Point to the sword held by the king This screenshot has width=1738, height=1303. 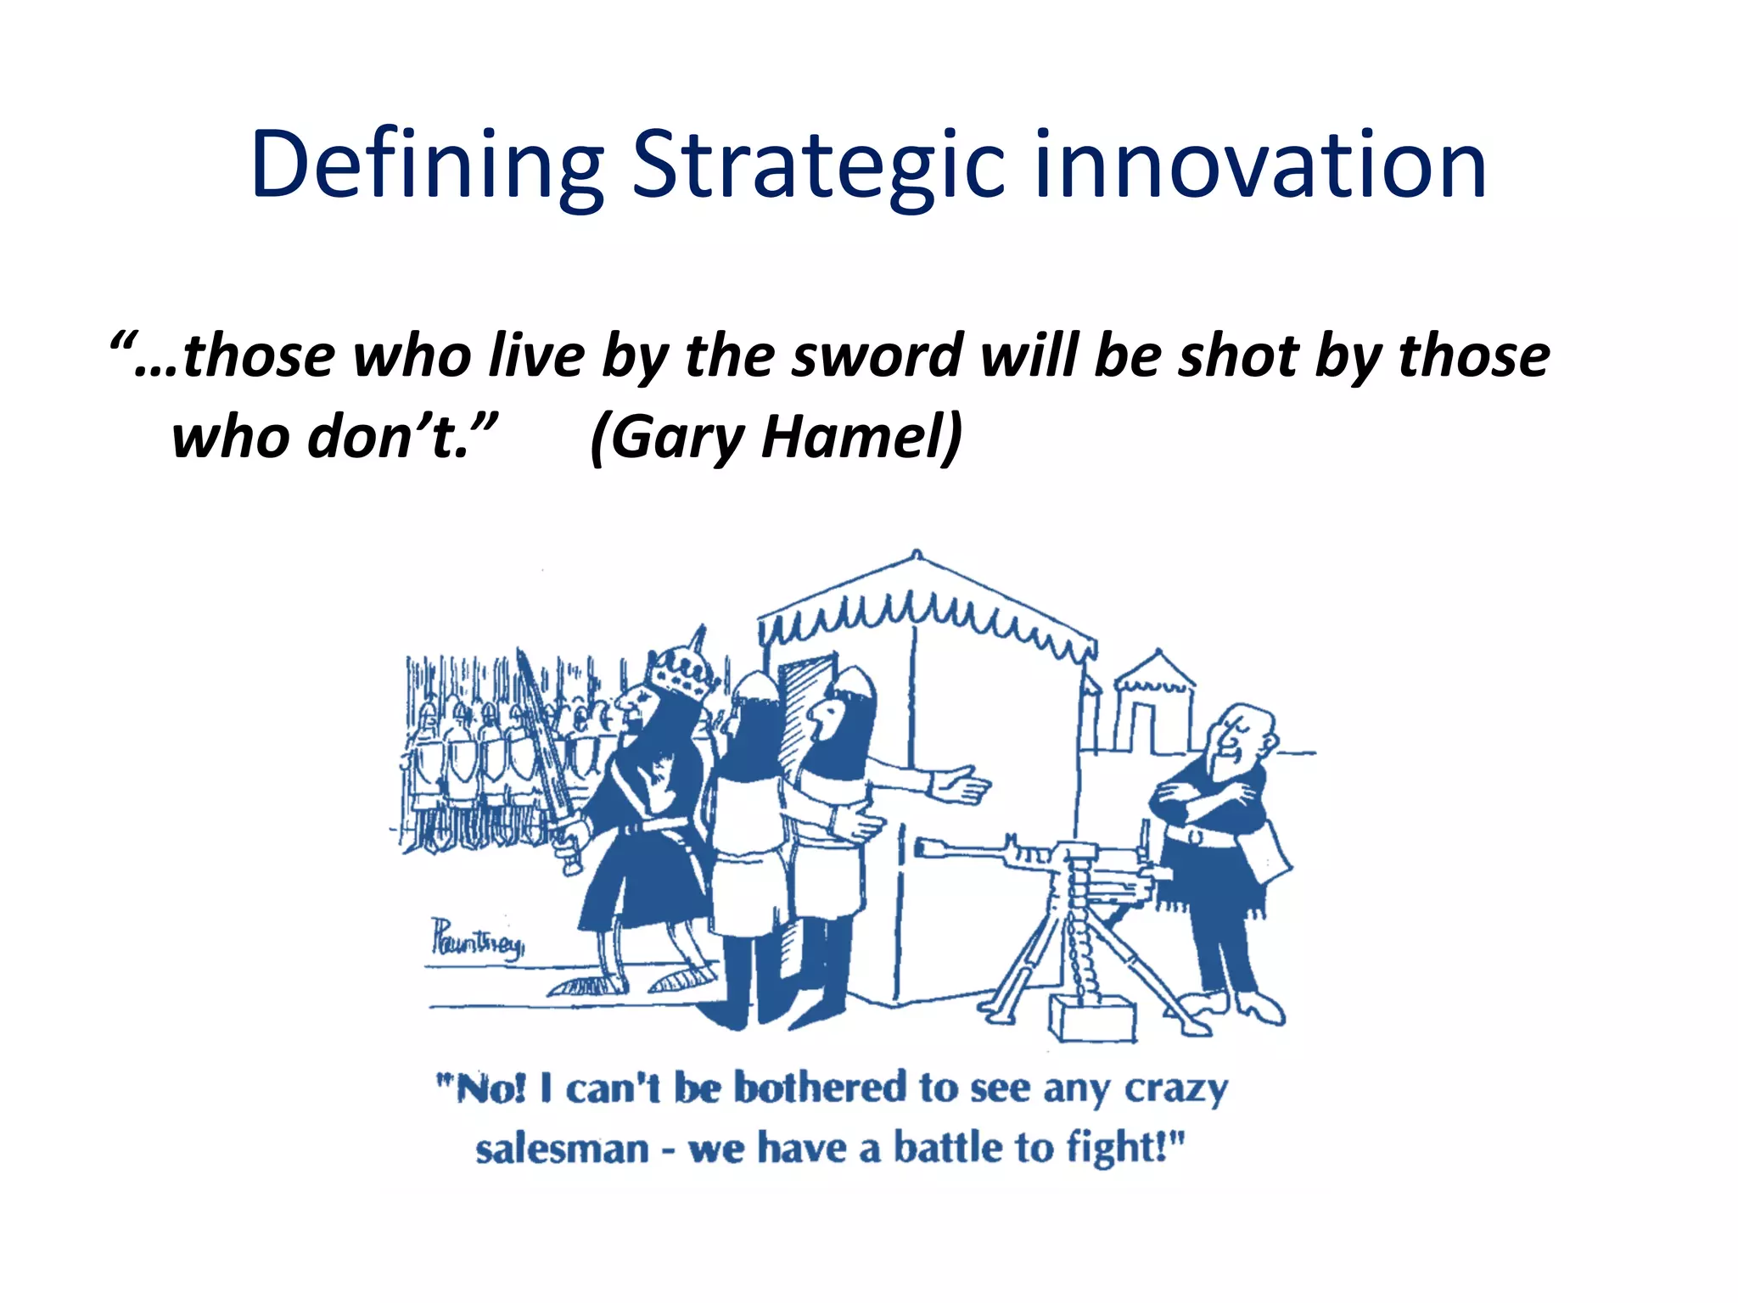pos(543,747)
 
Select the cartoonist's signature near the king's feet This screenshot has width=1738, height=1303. pos(478,940)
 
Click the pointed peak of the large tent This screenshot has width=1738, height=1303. pos(917,556)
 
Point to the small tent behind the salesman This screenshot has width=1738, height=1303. pos(1154,704)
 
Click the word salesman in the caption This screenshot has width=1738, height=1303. pos(562,1150)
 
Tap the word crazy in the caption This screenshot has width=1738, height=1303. pos(1175,1089)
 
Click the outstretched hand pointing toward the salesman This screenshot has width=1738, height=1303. pos(963,786)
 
